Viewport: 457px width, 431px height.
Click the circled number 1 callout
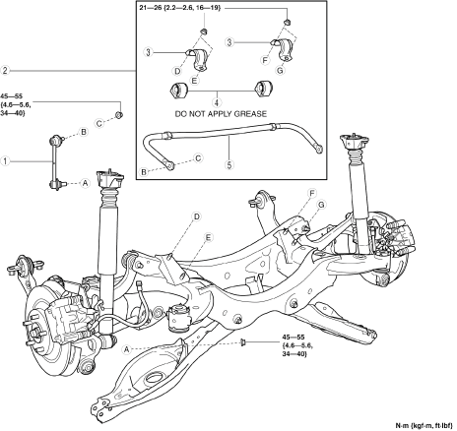[5, 161]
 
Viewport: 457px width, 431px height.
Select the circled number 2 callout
[5, 71]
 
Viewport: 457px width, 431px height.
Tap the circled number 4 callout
[217, 102]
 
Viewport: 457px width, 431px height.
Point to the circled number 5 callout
[229, 164]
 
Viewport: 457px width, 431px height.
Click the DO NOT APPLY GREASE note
[221, 114]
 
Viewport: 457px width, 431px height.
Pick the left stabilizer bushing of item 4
[177, 90]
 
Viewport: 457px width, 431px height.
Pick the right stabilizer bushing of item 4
[265, 88]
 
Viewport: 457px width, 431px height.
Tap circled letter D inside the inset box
[177, 71]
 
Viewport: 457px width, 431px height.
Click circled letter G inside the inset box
[281, 70]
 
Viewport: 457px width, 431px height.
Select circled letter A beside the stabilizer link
[85, 183]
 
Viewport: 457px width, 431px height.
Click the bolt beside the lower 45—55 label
[243, 342]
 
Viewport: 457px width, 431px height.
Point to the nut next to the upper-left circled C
[119, 115]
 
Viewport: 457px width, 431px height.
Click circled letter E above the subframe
[209, 237]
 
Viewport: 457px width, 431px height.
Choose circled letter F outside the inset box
[311, 193]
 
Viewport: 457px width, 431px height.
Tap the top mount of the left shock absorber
[110, 179]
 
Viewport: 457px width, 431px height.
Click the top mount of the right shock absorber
[355, 143]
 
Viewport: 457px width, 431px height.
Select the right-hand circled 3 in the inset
[229, 42]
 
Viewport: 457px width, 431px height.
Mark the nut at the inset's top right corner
[287, 22]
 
